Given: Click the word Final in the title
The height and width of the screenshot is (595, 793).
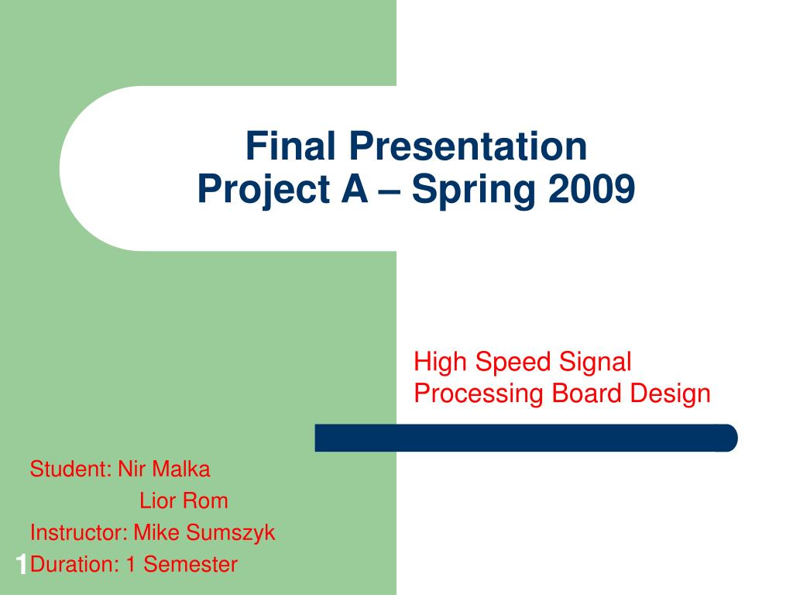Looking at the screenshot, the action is click(290, 146).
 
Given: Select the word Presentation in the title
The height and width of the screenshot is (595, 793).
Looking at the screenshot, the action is click(468, 146).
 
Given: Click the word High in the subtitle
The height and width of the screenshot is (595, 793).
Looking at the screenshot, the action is click(440, 363).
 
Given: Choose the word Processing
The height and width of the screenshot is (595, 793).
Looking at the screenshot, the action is click(478, 394).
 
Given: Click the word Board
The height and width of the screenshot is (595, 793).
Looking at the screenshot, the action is click(586, 393).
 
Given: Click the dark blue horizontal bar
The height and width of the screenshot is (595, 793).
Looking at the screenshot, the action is click(526, 438).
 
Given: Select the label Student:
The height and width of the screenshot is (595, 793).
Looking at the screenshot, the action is click(70, 469).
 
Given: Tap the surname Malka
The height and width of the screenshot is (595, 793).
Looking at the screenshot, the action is click(181, 469).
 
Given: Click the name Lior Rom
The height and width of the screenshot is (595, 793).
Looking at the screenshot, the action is click(184, 501).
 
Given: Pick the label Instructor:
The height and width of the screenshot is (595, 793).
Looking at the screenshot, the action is click(79, 533).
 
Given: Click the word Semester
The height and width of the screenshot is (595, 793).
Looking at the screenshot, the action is click(191, 565).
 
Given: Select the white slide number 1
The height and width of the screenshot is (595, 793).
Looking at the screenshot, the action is click(21, 565).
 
